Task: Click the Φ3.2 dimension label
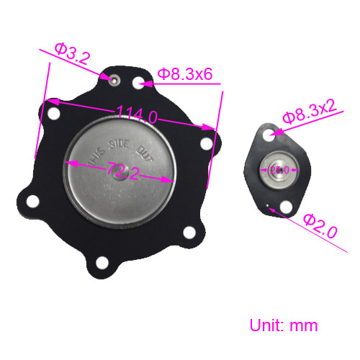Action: [71, 54]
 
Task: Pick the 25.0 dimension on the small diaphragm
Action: [279, 170]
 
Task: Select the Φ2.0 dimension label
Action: [320, 226]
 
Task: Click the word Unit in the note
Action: [265, 325]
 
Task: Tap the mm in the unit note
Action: [303, 325]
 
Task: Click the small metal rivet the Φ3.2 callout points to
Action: [112, 78]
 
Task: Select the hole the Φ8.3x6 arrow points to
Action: [139, 82]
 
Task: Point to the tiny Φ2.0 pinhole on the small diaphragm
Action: [268, 209]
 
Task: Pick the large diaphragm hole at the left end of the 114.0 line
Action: [52, 112]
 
